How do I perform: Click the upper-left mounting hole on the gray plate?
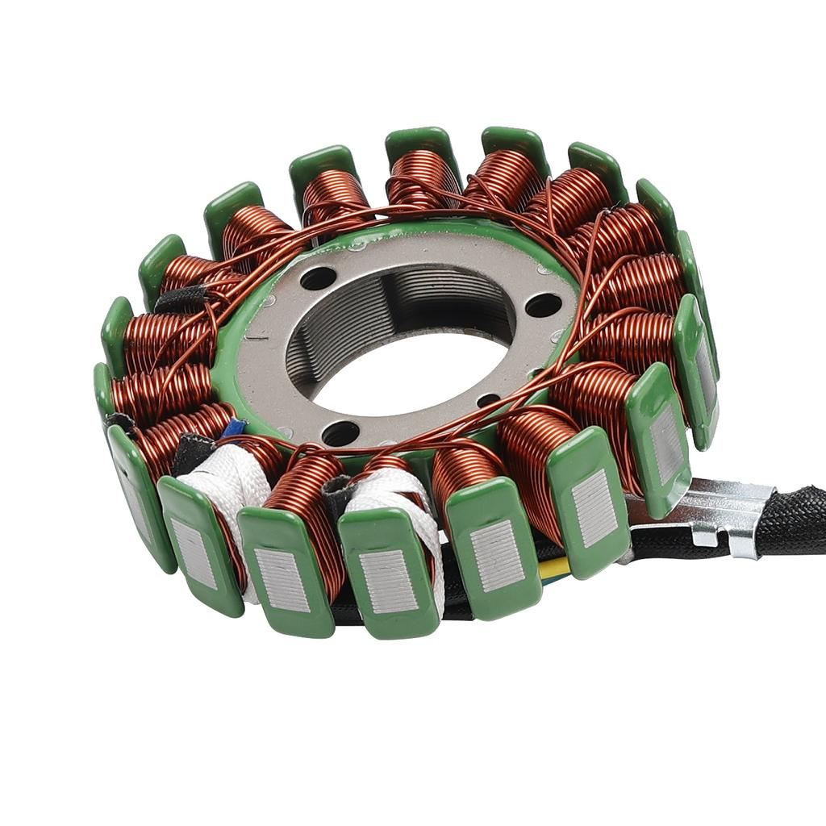(x=318, y=278)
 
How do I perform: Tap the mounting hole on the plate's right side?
(x=543, y=305)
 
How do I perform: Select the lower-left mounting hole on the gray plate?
(x=340, y=433)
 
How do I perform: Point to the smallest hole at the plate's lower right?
(x=488, y=400)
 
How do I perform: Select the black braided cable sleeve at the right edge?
(x=795, y=520)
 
